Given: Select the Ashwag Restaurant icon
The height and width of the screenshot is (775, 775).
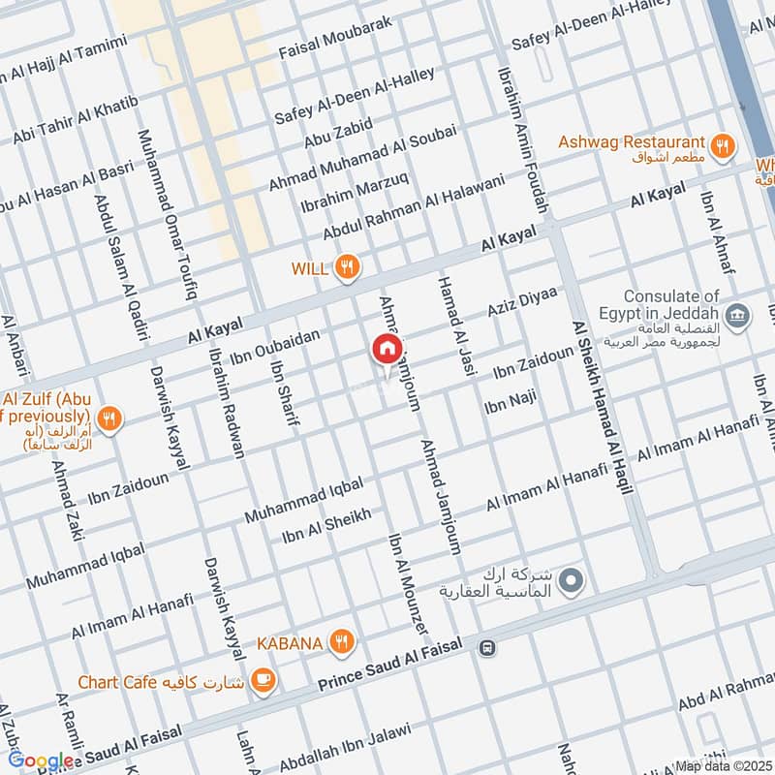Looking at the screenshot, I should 721,146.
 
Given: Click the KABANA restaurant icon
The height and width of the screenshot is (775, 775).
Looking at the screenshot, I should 340,640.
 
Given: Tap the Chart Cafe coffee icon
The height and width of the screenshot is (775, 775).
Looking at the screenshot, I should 262,681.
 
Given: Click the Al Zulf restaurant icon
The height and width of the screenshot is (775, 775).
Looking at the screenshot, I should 109,419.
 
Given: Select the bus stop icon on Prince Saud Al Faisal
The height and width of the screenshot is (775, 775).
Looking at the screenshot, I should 487,647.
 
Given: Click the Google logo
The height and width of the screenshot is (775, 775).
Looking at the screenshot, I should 41,761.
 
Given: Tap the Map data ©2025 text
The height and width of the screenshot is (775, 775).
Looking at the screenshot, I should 722,765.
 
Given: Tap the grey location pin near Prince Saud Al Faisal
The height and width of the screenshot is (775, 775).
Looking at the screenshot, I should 573,581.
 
